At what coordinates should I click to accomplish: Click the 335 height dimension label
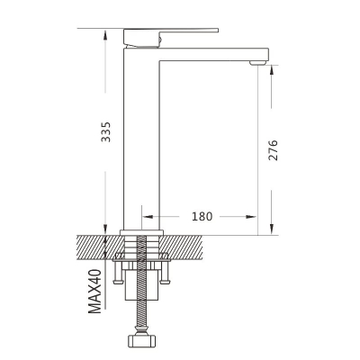tap(105, 131)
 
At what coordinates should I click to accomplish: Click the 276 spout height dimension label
tap(273, 150)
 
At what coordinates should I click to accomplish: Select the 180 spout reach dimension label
tap(202, 216)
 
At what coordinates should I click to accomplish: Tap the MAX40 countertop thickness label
tap(95, 292)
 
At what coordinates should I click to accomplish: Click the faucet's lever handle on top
tap(171, 38)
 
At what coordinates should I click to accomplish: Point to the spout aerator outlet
tap(258, 63)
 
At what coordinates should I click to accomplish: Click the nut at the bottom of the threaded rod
tap(142, 341)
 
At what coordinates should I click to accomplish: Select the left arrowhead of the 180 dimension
tap(148, 216)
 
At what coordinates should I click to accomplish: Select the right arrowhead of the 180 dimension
tap(251, 216)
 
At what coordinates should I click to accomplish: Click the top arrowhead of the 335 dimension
tap(105, 35)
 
